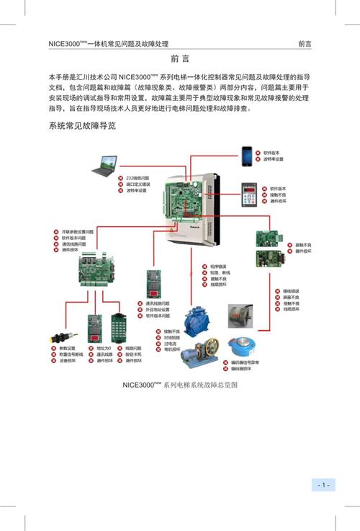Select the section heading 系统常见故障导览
tap(82, 125)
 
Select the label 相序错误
tap(217, 265)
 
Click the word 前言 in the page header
tap(305, 44)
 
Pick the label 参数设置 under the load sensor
tap(68, 348)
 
